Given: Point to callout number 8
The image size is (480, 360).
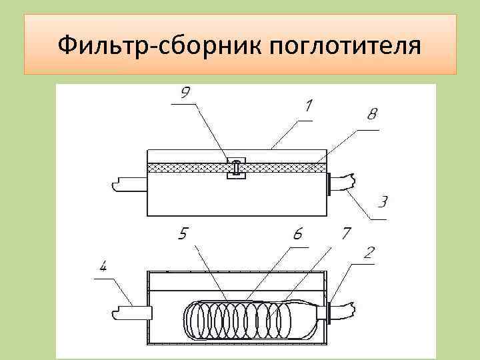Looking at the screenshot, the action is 371,116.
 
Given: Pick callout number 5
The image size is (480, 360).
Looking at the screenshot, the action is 185,235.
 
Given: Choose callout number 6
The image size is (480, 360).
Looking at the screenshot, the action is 297,235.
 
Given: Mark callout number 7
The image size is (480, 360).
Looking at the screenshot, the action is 347,233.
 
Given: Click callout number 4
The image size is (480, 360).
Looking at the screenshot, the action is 103,269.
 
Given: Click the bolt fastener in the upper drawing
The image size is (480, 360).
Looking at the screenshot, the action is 237,167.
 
